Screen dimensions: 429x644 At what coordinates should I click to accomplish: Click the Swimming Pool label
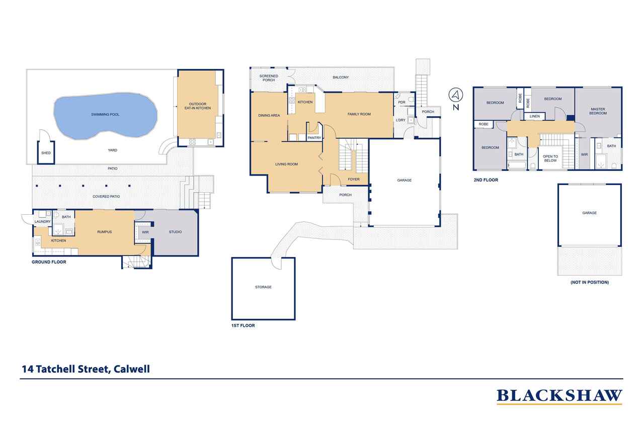click(105, 115)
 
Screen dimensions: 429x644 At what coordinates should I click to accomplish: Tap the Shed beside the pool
click(46, 152)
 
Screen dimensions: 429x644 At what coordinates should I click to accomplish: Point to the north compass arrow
click(455, 95)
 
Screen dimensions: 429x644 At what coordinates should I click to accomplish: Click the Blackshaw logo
click(559, 396)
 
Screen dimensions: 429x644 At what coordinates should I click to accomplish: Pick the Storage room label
click(263, 287)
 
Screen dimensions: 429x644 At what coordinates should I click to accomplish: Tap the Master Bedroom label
click(598, 111)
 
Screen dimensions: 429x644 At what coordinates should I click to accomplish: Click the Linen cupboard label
click(535, 117)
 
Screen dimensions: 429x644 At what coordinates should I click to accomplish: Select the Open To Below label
click(550, 158)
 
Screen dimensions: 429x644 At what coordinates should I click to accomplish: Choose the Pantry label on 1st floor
click(314, 138)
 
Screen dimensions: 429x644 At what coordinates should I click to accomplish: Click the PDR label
click(401, 103)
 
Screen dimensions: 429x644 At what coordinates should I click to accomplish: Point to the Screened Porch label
click(269, 78)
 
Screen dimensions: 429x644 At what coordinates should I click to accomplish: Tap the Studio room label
click(175, 232)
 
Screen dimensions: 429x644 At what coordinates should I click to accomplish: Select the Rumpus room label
click(104, 232)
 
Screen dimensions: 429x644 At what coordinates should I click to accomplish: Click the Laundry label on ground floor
click(42, 222)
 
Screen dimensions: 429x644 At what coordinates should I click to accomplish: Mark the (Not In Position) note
click(589, 283)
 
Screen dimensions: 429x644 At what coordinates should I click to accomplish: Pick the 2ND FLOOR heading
click(486, 180)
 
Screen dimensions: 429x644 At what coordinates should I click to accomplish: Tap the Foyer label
click(354, 180)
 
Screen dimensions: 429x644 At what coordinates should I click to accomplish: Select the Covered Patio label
click(106, 196)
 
